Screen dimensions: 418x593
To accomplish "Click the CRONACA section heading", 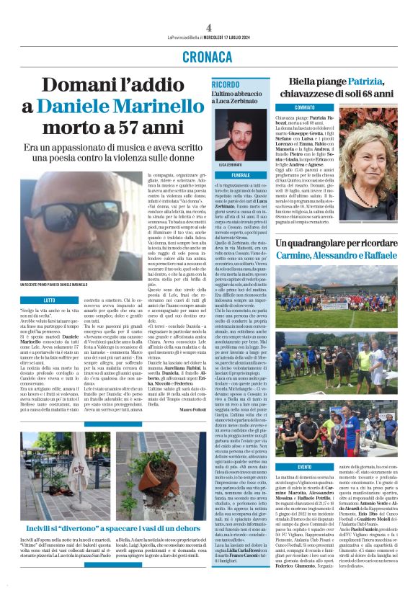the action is [209, 55].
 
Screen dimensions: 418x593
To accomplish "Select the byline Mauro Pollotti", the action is [191, 409].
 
